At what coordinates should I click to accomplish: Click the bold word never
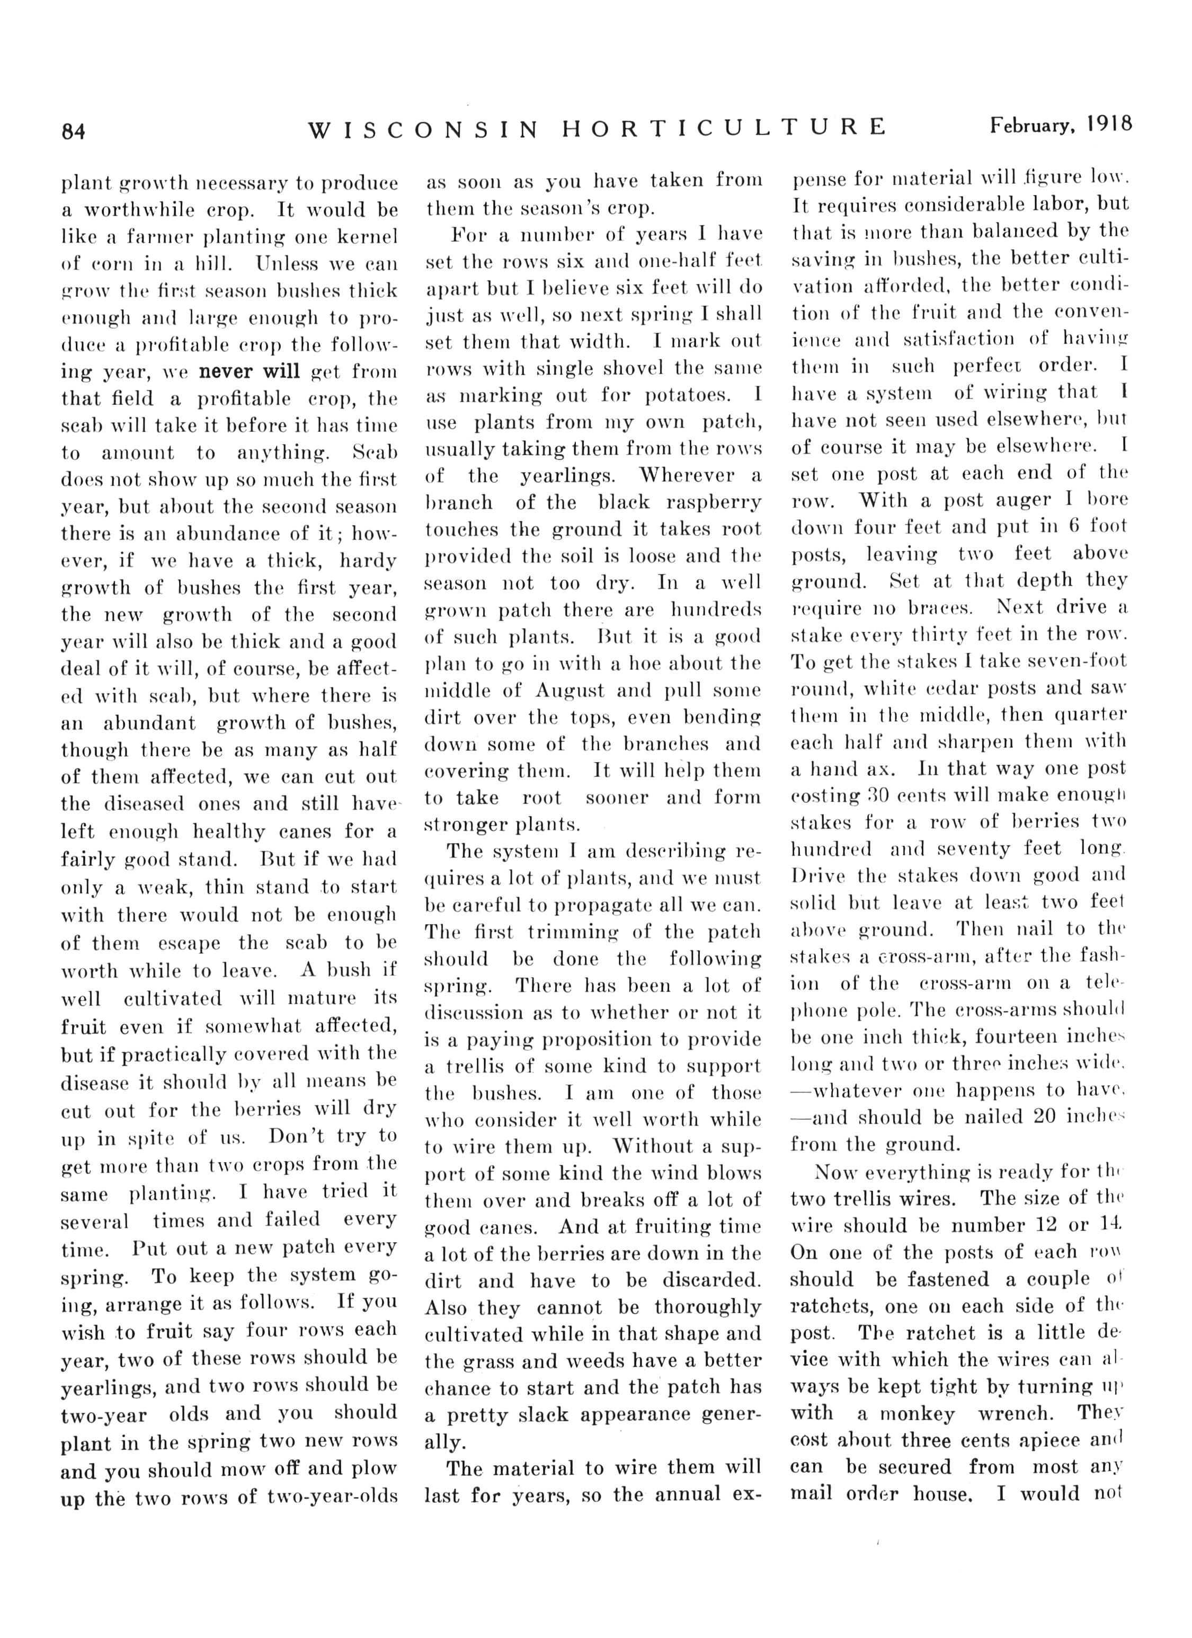point(225,372)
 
